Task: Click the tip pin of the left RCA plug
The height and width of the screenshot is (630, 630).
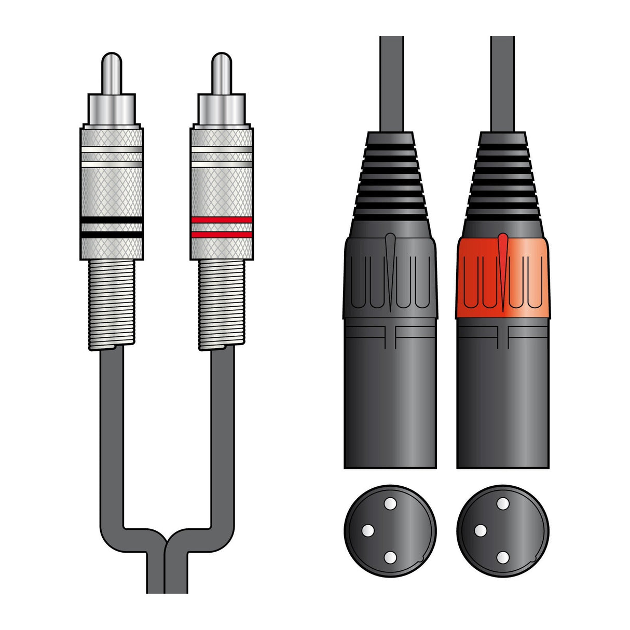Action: coord(112,73)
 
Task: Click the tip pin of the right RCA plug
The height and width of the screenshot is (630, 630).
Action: coord(222,73)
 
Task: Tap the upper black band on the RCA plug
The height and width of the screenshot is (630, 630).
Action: coord(112,220)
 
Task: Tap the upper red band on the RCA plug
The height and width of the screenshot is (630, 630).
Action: coord(222,220)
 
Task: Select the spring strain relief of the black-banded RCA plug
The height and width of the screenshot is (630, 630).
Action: coord(112,304)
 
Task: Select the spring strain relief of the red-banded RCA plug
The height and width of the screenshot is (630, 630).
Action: coord(222,304)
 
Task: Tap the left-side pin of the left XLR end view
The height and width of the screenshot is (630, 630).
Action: coord(368,530)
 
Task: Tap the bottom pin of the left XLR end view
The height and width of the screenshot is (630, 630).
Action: coord(389,557)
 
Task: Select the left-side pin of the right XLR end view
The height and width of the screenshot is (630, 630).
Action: coord(481,530)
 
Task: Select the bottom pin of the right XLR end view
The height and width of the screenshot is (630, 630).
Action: coord(502,557)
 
